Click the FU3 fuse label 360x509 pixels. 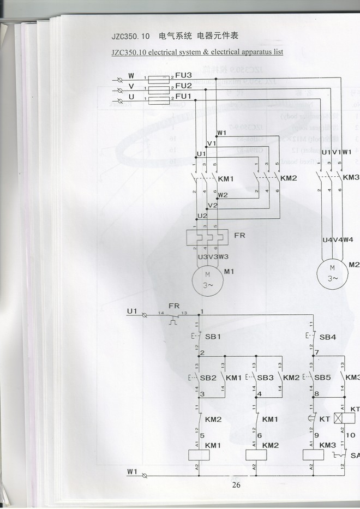click(184, 75)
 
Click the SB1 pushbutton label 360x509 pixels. click(212, 337)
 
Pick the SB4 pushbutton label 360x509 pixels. click(328, 337)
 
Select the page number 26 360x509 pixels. click(236, 484)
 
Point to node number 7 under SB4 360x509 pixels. click(317, 353)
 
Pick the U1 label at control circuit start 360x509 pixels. click(131, 312)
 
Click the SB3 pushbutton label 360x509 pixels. click(266, 378)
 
